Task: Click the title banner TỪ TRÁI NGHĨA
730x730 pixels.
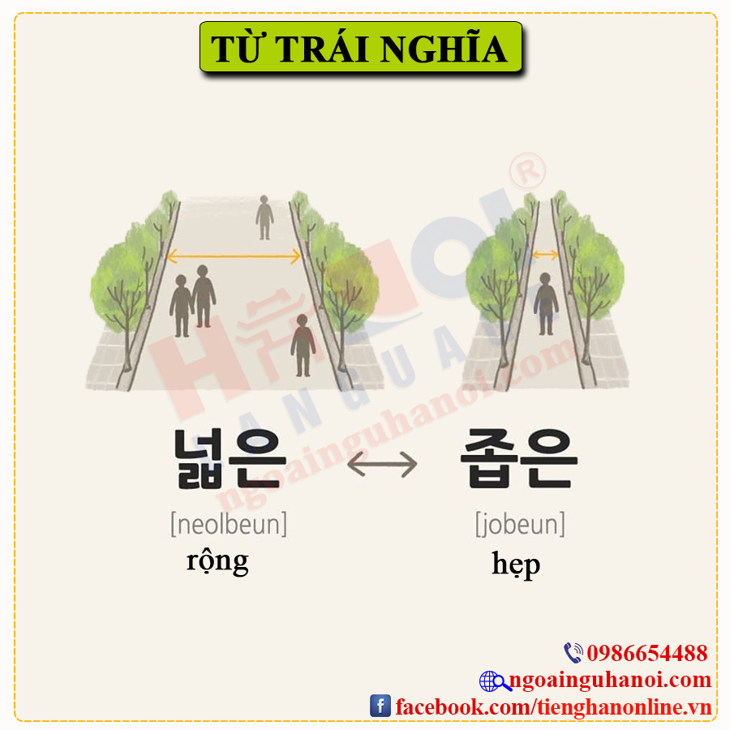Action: [361, 46]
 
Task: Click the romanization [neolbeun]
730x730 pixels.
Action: [229, 524]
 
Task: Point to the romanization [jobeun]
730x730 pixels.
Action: [520, 524]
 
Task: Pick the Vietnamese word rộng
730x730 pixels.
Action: [217, 562]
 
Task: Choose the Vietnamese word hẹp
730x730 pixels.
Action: [516, 565]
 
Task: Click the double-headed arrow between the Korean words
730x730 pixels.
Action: [382, 464]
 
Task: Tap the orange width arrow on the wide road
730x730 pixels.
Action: [234, 255]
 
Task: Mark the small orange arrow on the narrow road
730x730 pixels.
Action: [545, 254]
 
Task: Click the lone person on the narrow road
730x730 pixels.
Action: [546, 304]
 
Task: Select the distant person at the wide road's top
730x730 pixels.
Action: [264, 217]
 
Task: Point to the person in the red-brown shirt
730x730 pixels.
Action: [303, 345]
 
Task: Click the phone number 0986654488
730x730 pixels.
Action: [647, 653]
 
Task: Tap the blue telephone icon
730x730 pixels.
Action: [573, 653]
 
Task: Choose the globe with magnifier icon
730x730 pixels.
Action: [495, 681]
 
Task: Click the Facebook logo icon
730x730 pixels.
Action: [380, 706]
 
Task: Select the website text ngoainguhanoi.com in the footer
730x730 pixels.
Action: [610, 681]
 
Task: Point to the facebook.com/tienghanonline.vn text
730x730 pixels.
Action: [553, 706]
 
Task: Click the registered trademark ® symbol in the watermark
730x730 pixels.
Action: [527, 171]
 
